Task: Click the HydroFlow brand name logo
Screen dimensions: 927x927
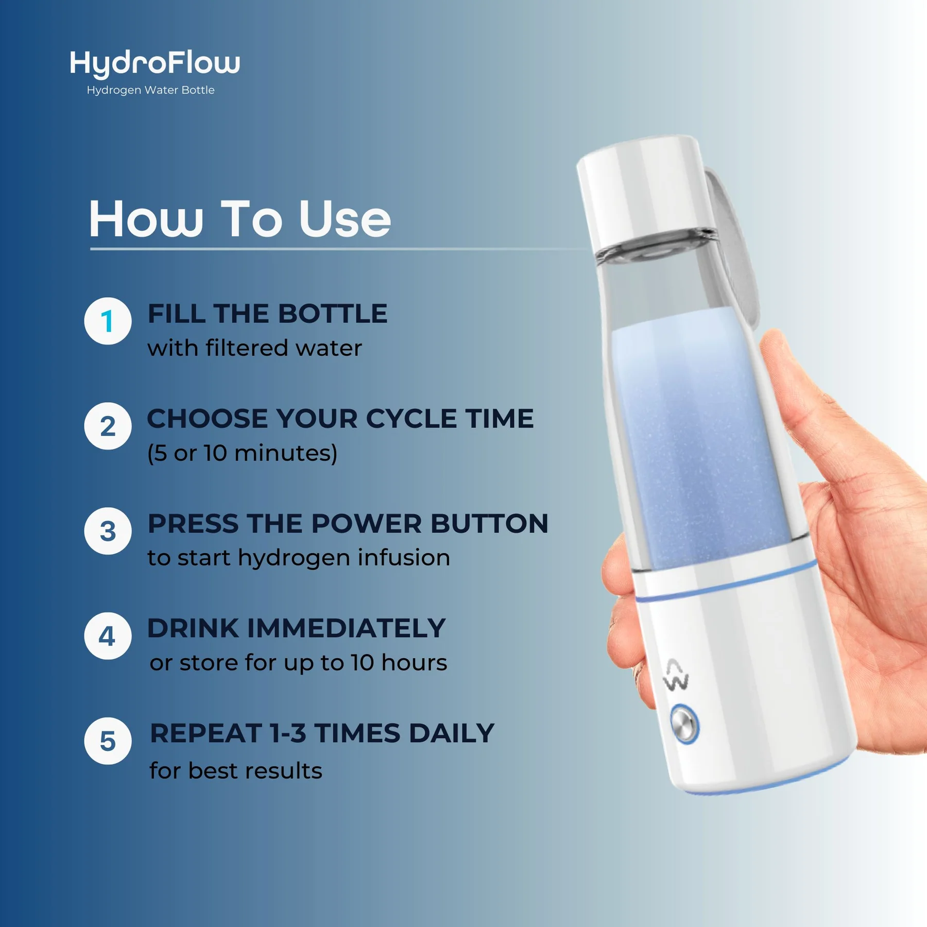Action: tap(154, 63)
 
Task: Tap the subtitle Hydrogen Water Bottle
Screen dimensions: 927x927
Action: tap(150, 90)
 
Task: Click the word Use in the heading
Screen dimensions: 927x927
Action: tap(345, 220)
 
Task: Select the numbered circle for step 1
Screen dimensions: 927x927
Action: tap(108, 321)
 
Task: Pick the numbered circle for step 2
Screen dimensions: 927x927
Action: tap(108, 426)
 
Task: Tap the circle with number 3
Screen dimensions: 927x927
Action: tap(108, 531)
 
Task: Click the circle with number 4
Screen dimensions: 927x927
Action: tap(108, 637)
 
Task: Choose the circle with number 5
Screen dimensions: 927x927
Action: tap(108, 742)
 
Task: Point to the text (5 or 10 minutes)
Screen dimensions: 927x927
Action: tap(242, 453)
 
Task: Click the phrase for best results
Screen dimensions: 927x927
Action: tap(236, 771)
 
